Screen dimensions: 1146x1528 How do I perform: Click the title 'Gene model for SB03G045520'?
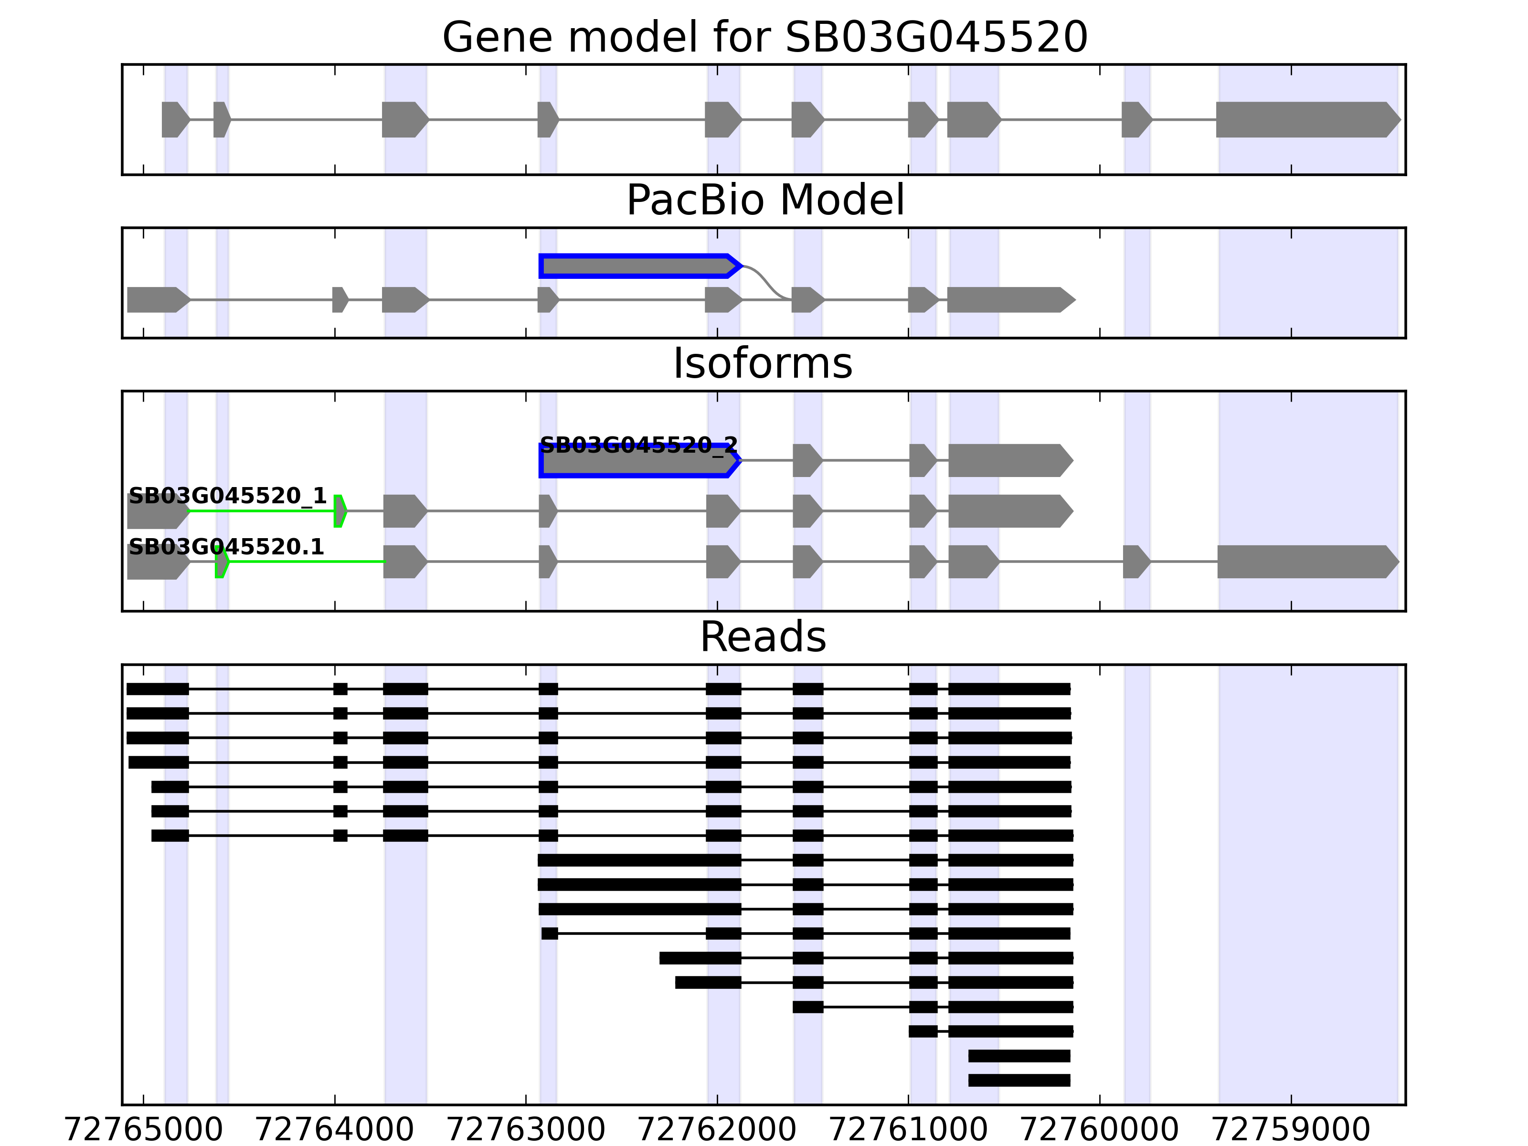764,37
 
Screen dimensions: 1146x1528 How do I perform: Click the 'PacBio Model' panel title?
764,201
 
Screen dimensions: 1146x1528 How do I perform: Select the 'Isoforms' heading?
763,363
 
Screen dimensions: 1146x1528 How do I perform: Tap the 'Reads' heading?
763,637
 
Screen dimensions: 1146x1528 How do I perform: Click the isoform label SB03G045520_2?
638,444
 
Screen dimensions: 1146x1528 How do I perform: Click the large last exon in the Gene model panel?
1305,119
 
